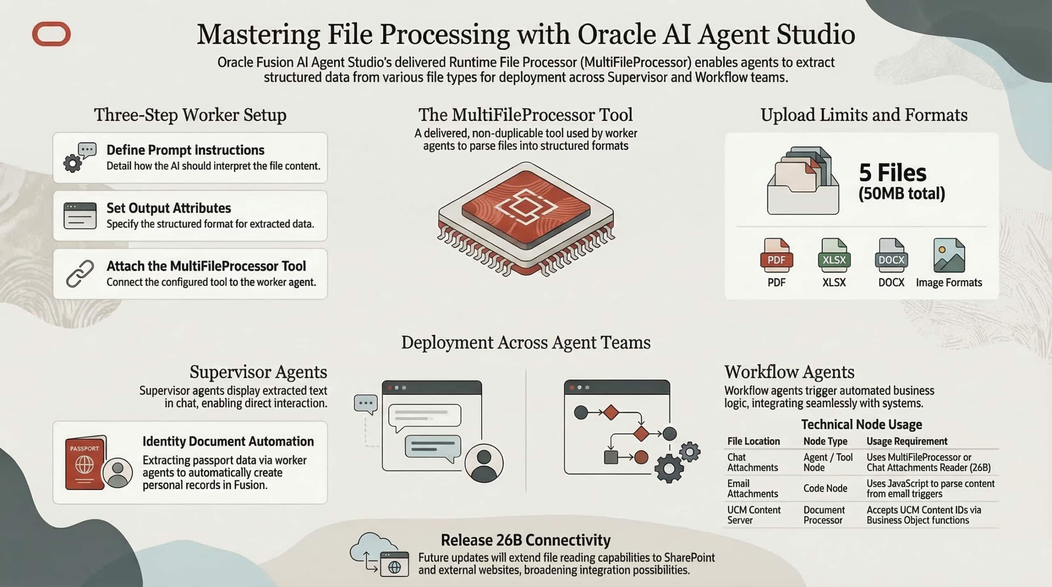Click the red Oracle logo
(x=51, y=34)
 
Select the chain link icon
(x=80, y=274)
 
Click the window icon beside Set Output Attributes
(x=80, y=216)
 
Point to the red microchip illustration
(x=526, y=218)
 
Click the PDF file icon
(x=776, y=256)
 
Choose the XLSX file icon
(x=834, y=256)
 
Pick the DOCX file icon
(x=891, y=256)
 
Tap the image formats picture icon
(x=949, y=256)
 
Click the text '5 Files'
(x=893, y=173)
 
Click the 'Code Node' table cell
(x=825, y=488)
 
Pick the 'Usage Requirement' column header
(x=907, y=441)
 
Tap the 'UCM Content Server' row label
(x=754, y=515)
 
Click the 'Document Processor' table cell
(x=824, y=515)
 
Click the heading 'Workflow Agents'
(x=789, y=372)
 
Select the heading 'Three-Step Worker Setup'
(x=190, y=115)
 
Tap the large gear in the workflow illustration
(x=669, y=468)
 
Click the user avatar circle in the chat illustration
(x=484, y=463)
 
